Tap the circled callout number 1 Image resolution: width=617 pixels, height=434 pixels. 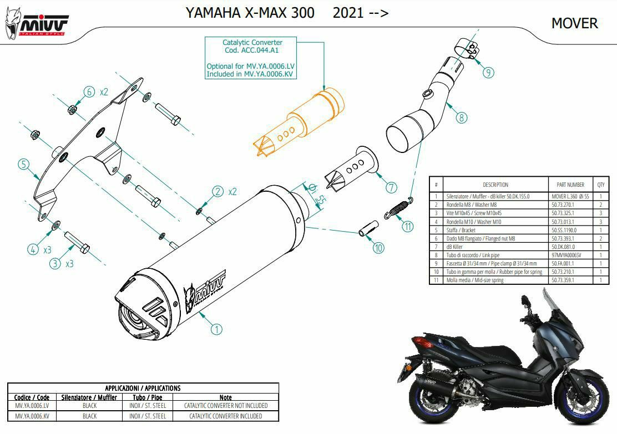216,329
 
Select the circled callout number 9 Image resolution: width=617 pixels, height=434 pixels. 488,72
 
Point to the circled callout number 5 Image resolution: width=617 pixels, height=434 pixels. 24,164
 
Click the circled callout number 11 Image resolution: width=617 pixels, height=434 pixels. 408,226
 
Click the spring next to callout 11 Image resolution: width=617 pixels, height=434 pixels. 398,208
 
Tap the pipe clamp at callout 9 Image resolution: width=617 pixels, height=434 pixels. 467,48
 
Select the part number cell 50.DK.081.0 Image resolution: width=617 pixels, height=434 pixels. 563,247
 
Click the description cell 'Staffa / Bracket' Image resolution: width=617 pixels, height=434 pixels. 461,230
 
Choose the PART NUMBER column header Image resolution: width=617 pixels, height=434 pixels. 570,185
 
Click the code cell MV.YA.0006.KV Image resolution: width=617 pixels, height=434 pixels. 32,416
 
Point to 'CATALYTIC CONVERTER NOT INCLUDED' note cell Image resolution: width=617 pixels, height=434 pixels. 226,406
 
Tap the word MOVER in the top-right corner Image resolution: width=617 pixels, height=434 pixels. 574,23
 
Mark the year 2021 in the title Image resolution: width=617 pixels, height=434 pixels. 348,13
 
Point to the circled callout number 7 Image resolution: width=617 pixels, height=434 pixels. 391,187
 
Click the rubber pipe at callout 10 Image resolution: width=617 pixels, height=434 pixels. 369,228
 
